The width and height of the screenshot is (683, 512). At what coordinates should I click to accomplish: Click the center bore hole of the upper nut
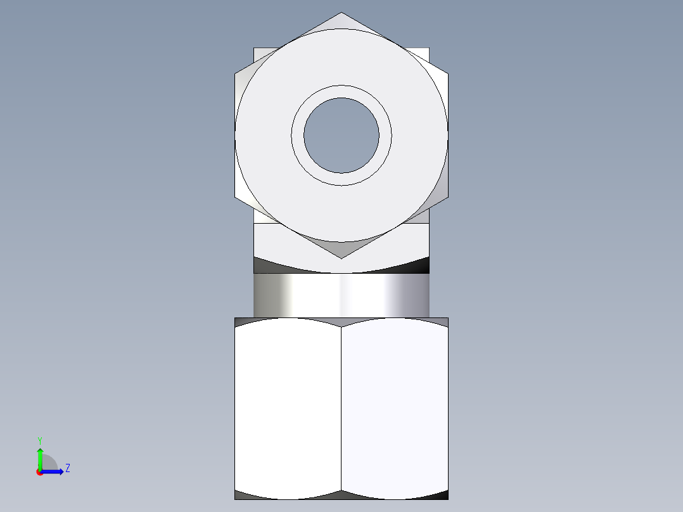341,135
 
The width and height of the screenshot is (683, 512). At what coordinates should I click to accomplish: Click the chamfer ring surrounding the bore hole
341,91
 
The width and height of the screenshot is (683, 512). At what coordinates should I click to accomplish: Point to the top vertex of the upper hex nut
341,14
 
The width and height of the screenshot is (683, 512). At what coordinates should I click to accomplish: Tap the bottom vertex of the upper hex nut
341,257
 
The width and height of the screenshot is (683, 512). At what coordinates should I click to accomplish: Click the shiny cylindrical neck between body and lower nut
341,295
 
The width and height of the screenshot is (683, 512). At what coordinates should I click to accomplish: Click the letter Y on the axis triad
39,440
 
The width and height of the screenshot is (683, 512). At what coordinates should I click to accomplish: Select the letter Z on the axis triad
67,468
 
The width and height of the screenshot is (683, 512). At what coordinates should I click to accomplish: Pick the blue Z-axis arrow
53,471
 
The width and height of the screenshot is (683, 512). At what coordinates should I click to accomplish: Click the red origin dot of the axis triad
40,472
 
